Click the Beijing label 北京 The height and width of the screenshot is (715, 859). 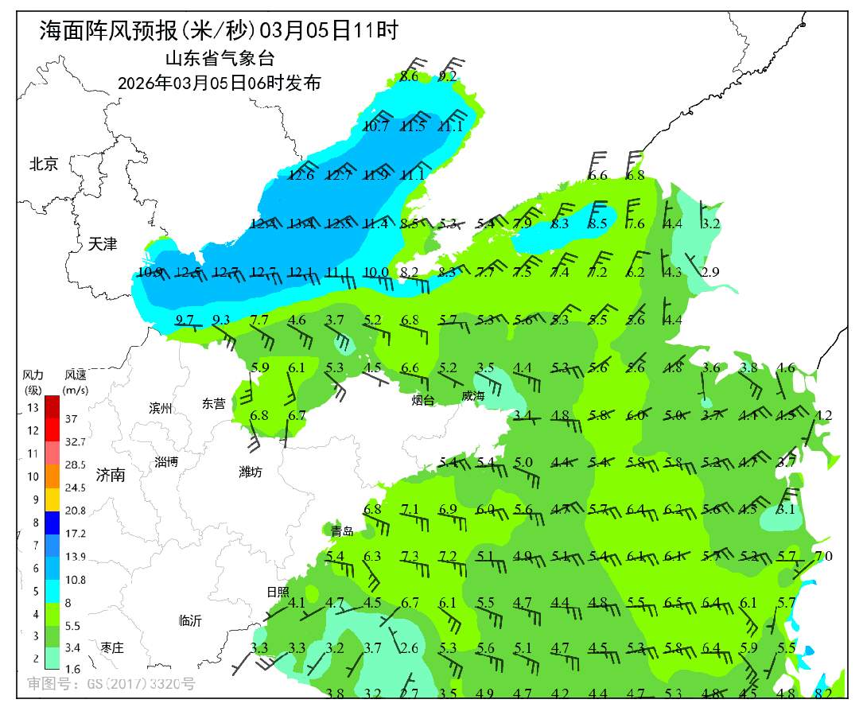pos(44,165)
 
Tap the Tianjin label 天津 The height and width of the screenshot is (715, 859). pos(103,244)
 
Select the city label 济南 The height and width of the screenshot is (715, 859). pos(111,476)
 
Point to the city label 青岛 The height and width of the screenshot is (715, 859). pos(342,530)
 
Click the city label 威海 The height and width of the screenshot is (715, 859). pos(472,395)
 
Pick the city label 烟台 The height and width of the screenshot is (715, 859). pos(423,400)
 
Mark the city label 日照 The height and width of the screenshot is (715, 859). pos(278,592)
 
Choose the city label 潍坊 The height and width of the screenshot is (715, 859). pos(251,472)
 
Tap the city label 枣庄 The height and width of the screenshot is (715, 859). pos(112,648)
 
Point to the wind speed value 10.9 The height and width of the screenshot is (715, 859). pos(150,273)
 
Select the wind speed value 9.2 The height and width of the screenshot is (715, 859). pos(448,77)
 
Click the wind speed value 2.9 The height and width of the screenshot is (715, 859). pos(710,273)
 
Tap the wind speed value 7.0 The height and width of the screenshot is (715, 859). pos(823,557)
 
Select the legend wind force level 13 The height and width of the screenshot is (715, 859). pos(33,408)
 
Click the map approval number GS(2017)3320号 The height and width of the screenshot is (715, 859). pos(111,683)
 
